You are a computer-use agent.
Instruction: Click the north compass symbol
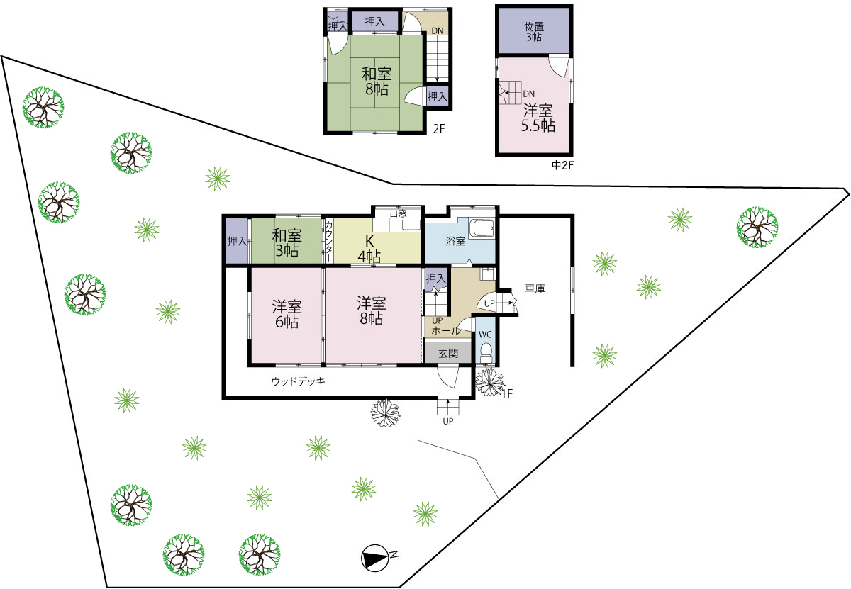coord(375,559)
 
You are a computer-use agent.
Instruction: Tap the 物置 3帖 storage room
coord(534,31)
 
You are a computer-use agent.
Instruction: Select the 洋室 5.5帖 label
coord(538,118)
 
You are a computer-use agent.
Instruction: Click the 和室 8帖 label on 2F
coord(377,81)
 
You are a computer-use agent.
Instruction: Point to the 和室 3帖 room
coord(287,241)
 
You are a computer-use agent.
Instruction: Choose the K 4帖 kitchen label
coord(369,249)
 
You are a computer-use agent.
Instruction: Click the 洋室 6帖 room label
coord(287,314)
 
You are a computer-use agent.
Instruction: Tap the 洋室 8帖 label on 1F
coord(372,310)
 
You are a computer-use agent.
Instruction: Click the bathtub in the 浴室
coord(482,229)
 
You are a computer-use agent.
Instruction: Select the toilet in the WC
coord(486,353)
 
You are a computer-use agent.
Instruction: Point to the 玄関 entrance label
coord(448,354)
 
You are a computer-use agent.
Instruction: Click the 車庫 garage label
coord(535,288)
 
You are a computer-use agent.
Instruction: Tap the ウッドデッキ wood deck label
coord(299,381)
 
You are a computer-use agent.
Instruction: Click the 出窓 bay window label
coord(398,213)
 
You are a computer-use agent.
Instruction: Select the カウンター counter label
coord(328,241)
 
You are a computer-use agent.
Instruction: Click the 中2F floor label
coord(562,165)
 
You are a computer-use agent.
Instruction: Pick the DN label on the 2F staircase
coord(438,30)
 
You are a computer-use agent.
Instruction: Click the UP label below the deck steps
coord(448,421)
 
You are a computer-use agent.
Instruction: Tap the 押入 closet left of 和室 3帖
coord(237,241)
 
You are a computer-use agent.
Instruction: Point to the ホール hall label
coord(446,331)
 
